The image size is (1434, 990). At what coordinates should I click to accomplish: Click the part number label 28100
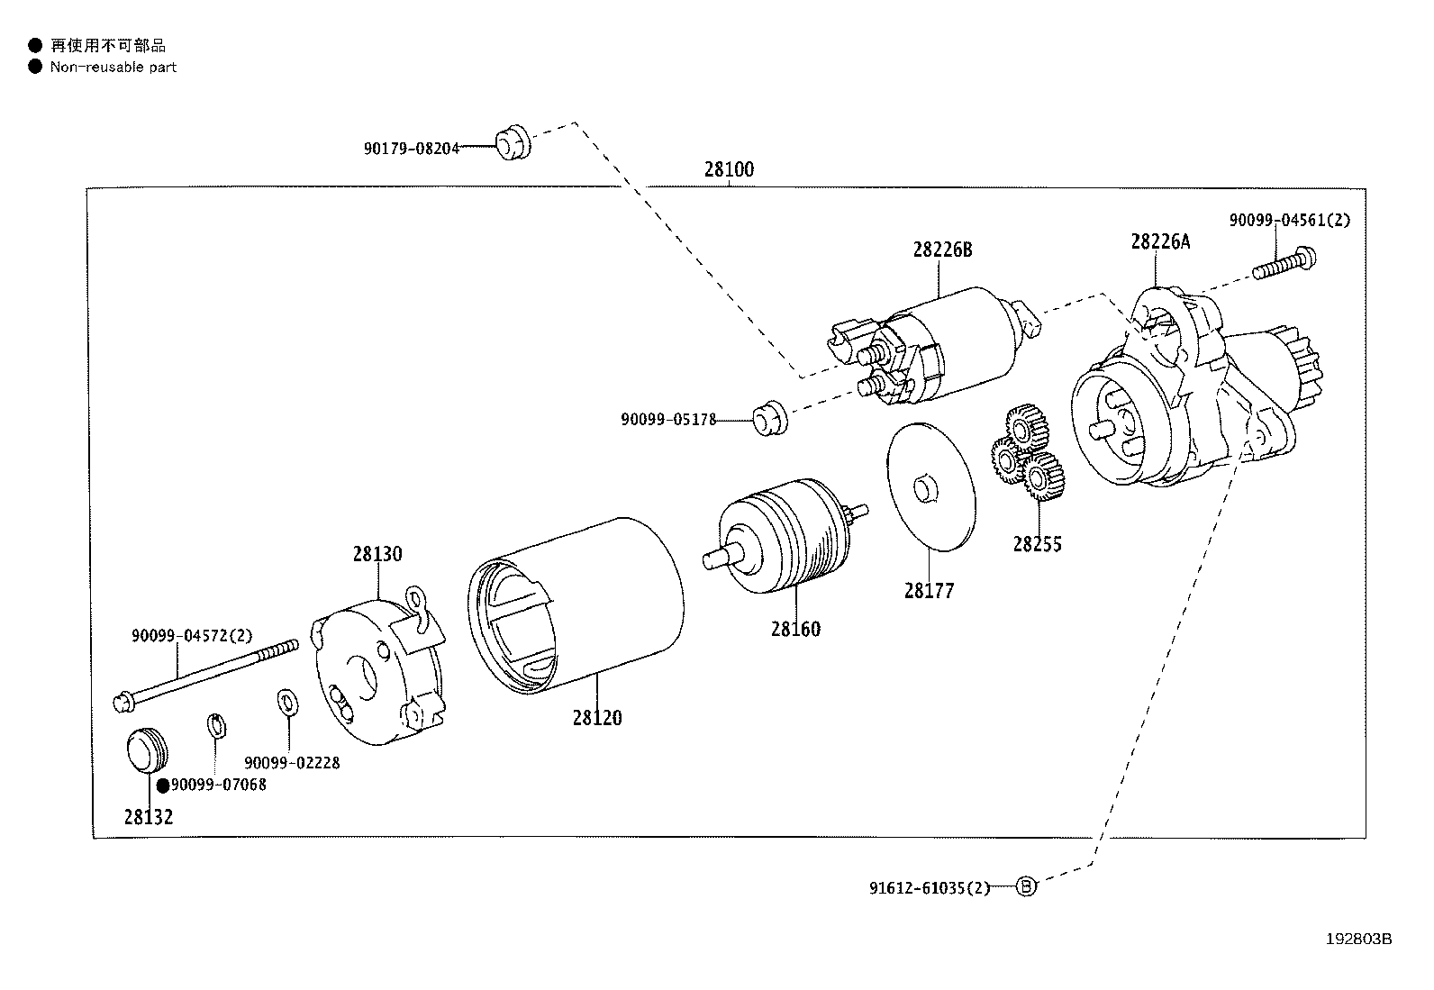tap(729, 169)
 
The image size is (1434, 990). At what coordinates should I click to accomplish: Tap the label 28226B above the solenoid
tap(942, 250)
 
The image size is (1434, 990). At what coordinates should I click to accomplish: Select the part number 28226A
tap(1160, 241)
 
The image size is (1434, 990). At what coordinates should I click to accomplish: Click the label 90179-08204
tap(412, 149)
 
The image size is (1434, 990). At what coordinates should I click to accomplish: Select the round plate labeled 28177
tap(930, 486)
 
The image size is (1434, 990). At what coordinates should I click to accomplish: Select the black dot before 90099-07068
tap(163, 786)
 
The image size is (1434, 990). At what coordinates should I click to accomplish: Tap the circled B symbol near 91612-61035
tap(1026, 887)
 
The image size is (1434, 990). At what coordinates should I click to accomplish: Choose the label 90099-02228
tap(292, 763)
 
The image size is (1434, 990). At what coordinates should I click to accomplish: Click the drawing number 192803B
tap(1358, 939)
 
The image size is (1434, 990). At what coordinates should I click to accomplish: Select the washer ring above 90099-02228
tap(286, 700)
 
